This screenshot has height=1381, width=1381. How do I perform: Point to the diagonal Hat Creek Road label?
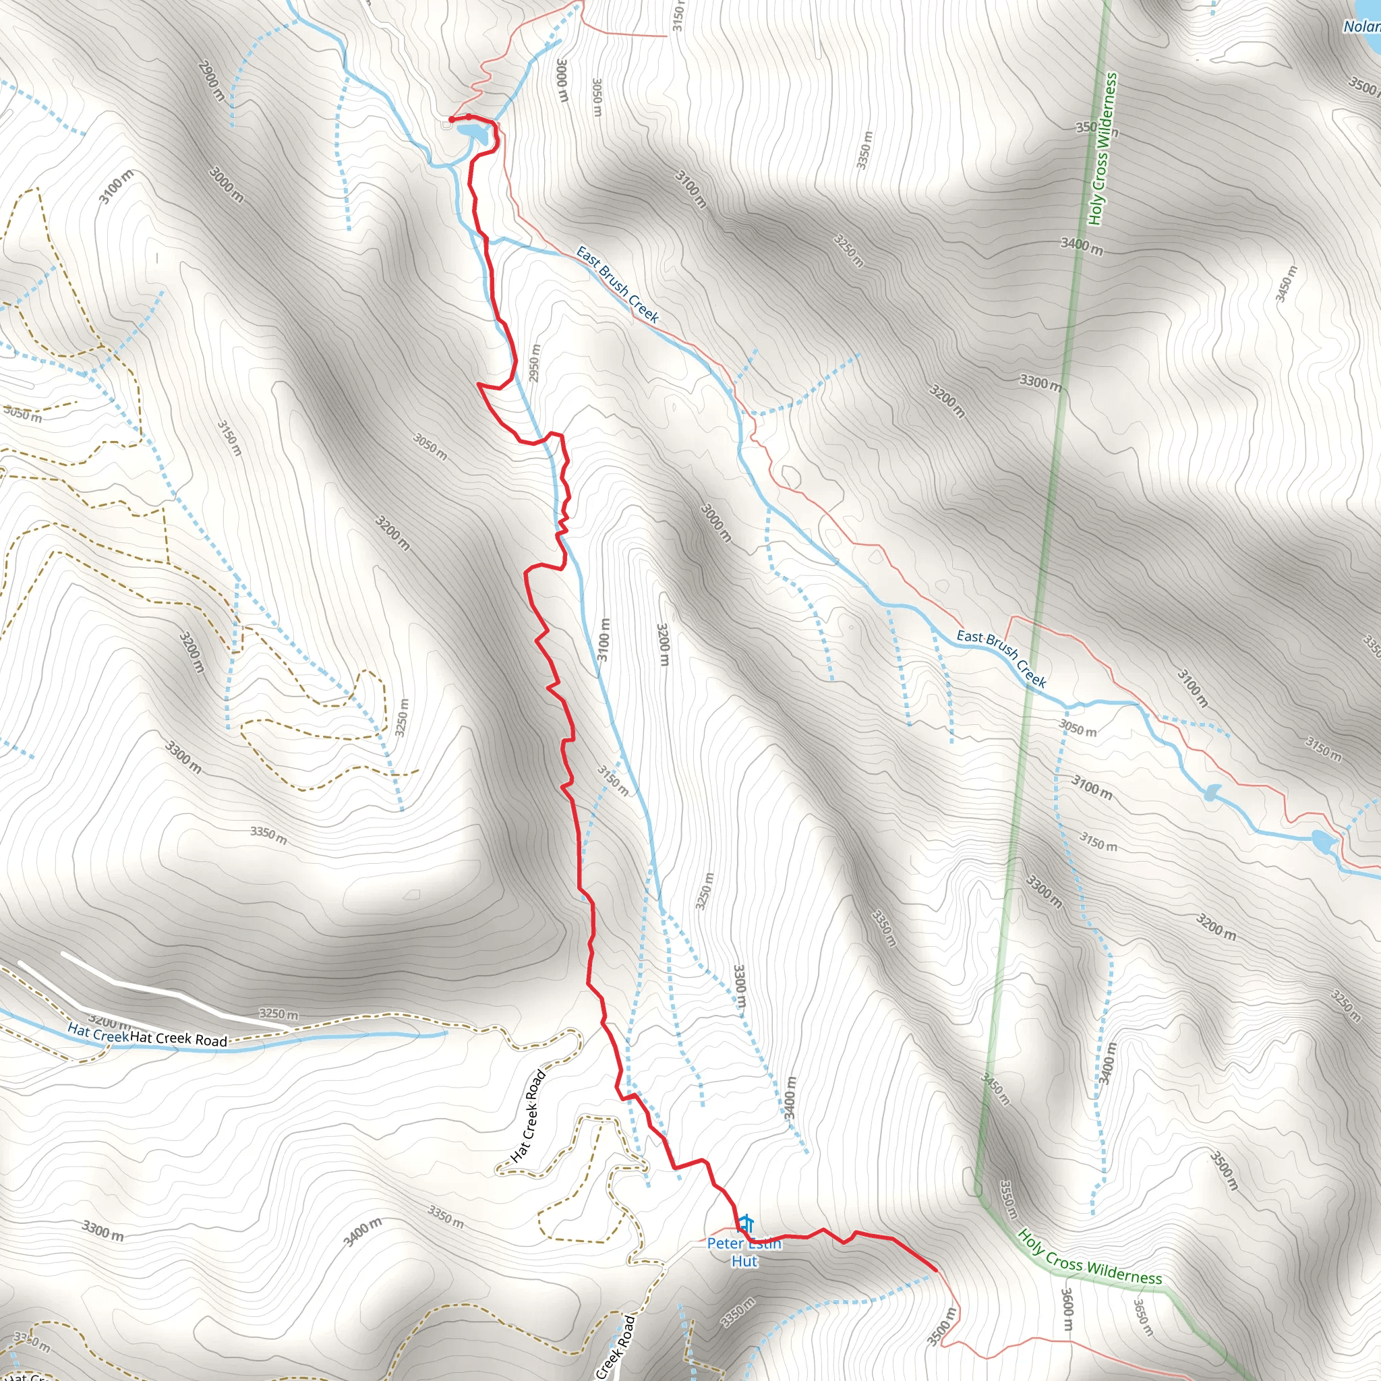coord(529,1116)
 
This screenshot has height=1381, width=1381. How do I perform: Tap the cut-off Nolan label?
coord(1361,26)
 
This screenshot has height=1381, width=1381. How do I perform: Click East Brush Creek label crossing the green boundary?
coord(1001,657)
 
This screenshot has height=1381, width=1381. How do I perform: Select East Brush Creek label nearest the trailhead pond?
coord(618,285)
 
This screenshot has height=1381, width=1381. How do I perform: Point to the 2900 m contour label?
coord(212,81)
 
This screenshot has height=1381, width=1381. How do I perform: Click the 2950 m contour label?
coord(535,363)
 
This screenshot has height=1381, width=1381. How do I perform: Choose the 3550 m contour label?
coord(1008,1200)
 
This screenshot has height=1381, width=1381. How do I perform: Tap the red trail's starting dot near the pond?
coord(451,119)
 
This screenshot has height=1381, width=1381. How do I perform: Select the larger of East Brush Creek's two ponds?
coord(1323,842)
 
